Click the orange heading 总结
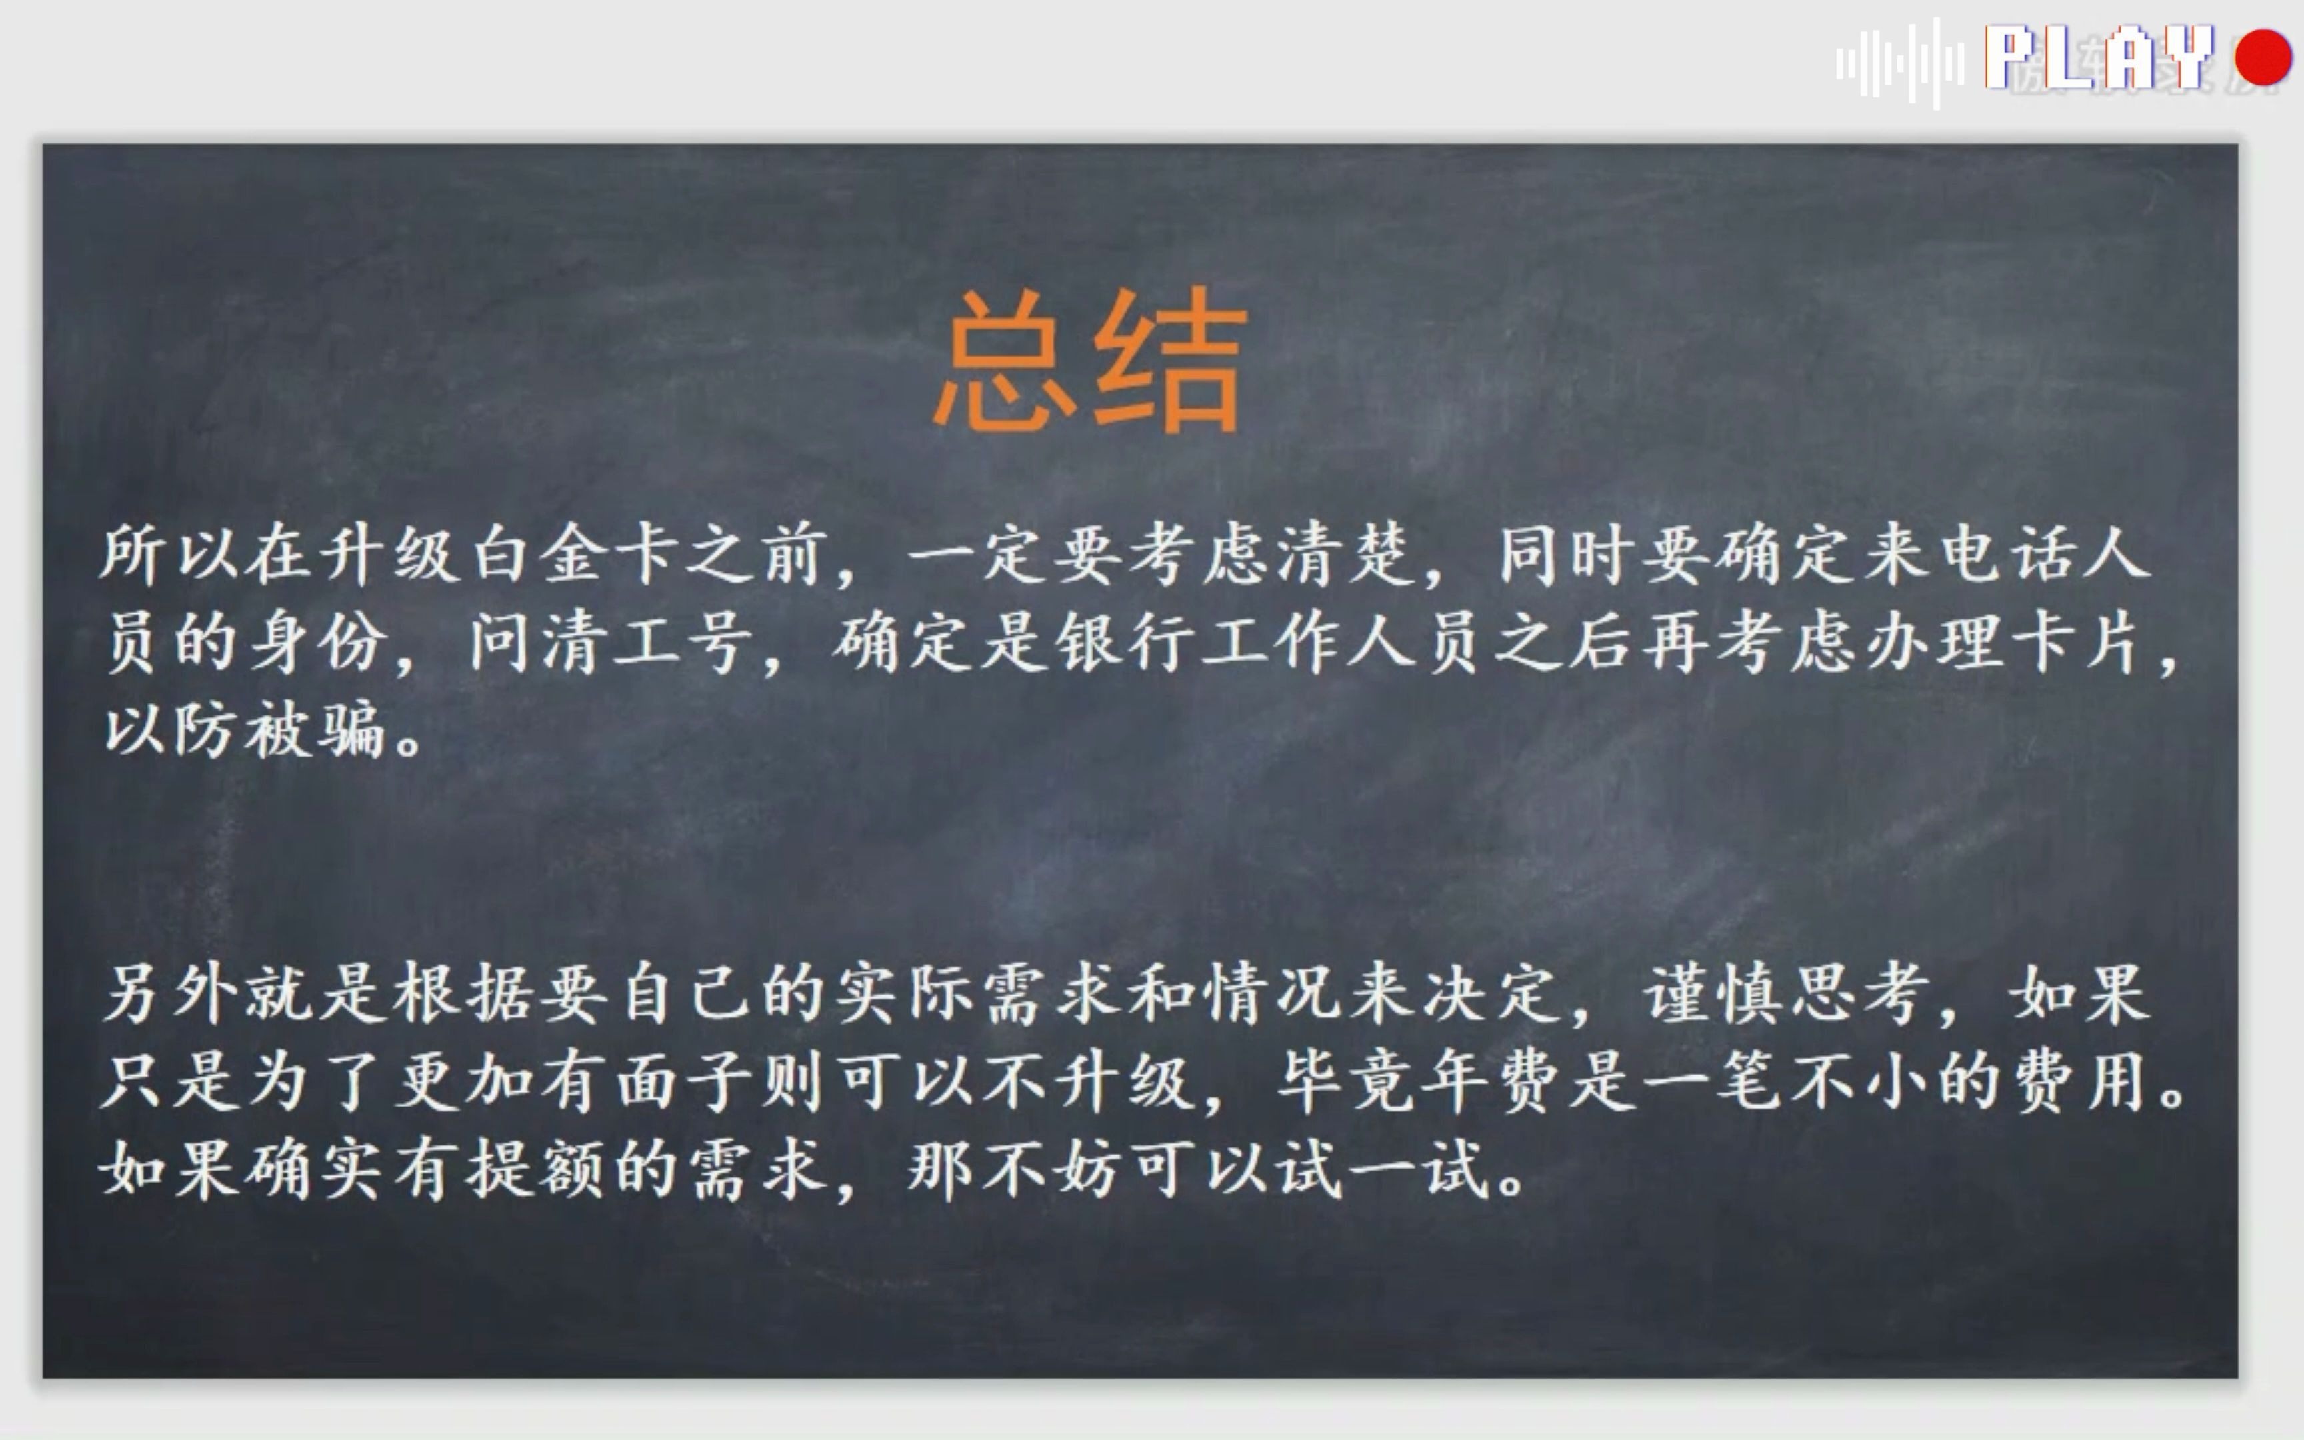(x=1090, y=360)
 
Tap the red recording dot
(x=2263, y=57)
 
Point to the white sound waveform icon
(x=1899, y=63)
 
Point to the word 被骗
(x=314, y=731)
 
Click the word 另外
(x=171, y=993)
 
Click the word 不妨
(x=1052, y=1169)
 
